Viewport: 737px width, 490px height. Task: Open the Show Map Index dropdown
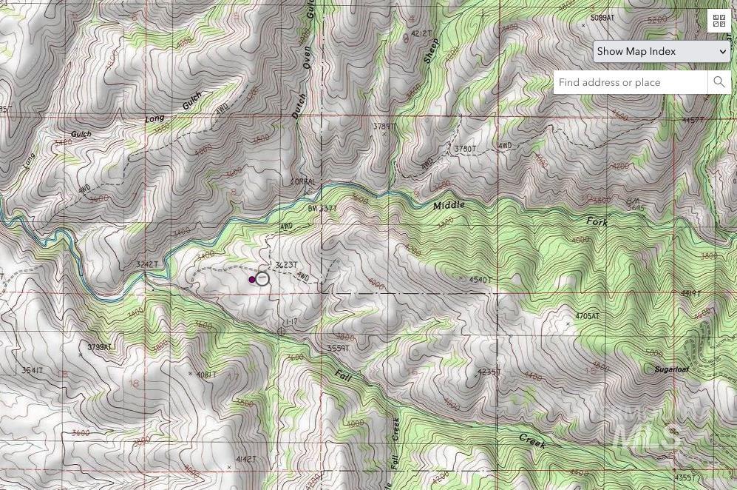662,51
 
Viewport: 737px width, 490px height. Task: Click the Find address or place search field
631,82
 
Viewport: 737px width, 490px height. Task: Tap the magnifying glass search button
719,82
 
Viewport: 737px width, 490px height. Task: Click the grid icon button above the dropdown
719,21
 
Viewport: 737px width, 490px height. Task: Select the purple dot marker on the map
252,280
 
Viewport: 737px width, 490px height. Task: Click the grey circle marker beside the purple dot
262,279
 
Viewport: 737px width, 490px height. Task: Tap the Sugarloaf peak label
671,369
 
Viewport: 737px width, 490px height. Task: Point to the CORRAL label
303,182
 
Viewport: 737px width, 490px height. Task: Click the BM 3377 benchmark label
322,209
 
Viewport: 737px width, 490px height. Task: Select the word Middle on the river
449,205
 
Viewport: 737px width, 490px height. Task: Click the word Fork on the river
597,222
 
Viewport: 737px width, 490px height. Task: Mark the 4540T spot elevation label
480,280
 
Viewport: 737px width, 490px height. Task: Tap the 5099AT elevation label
602,18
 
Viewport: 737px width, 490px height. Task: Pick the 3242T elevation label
147,264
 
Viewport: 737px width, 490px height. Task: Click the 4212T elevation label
421,34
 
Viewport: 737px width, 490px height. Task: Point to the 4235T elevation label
489,372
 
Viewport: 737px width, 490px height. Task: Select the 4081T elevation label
206,375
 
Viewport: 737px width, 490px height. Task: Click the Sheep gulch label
431,51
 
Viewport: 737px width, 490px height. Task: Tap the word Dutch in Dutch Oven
298,107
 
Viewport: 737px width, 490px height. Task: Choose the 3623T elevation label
286,265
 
